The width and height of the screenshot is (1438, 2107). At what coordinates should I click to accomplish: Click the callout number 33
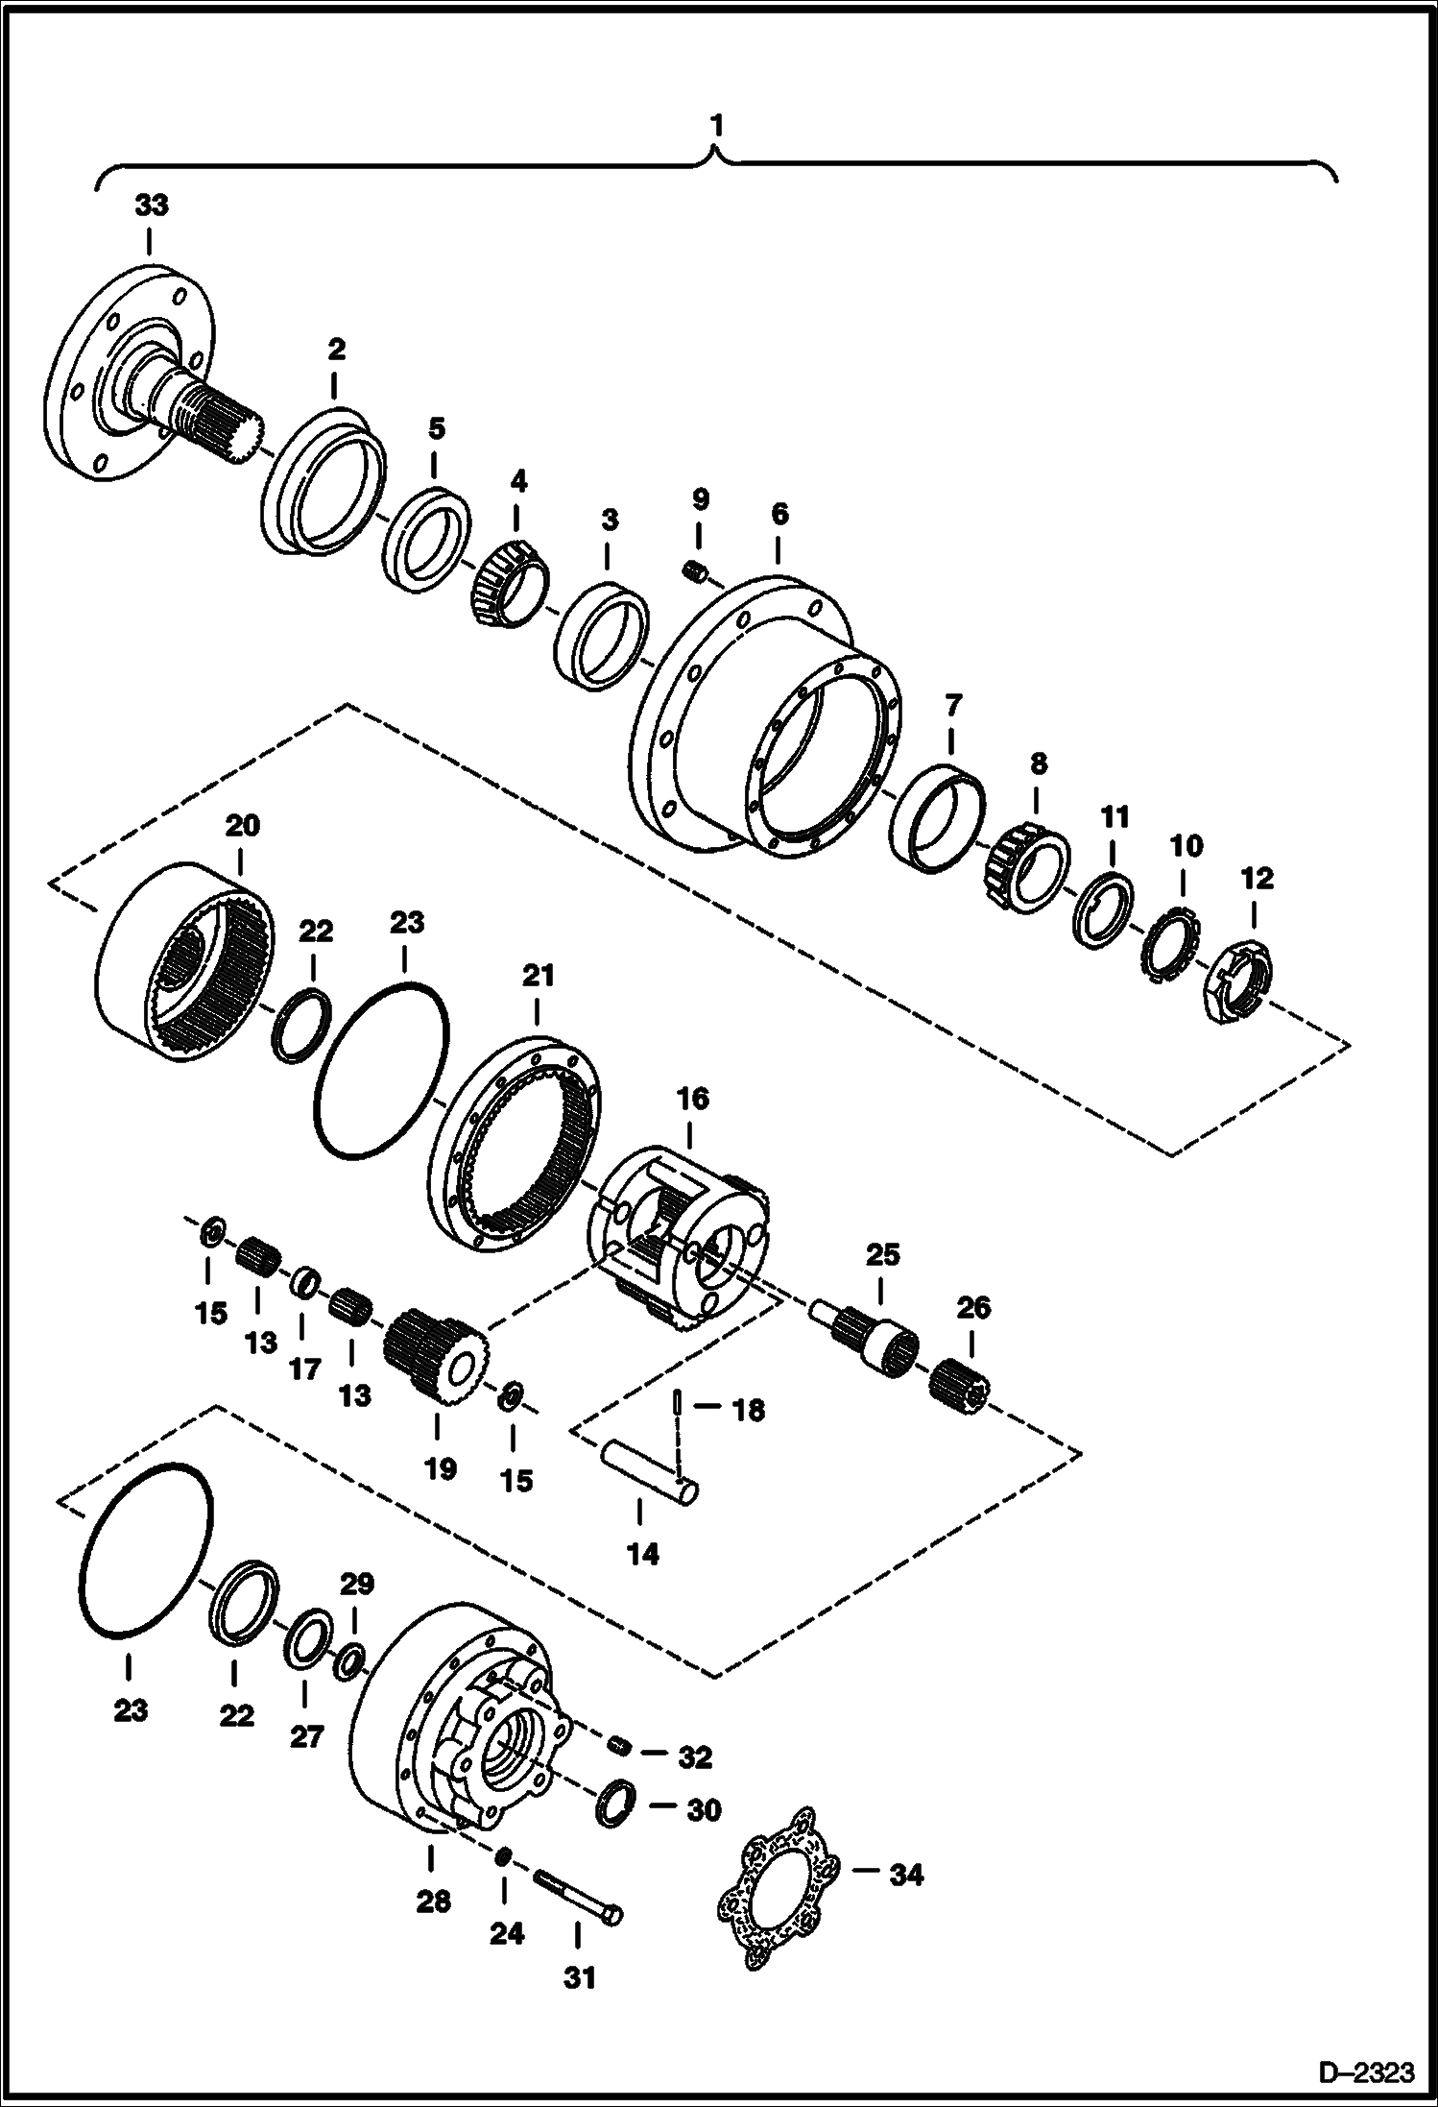click(x=152, y=205)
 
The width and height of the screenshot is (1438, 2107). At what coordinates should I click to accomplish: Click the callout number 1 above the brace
click(x=716, y=125)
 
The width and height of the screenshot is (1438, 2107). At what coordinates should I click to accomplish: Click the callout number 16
click(x=693, y=1099)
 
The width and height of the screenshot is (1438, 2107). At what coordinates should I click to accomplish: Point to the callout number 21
click(x=539, y=976)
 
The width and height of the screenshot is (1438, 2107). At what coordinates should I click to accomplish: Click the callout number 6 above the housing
click(x=779, y=514)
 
